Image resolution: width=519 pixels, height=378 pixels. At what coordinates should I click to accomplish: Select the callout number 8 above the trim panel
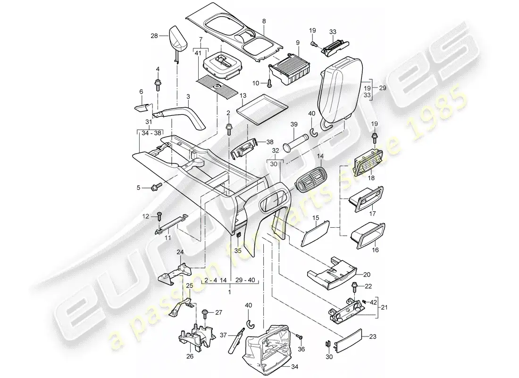(x=264, y=21)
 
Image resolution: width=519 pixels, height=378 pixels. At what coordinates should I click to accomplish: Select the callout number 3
(x=188, y=97)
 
